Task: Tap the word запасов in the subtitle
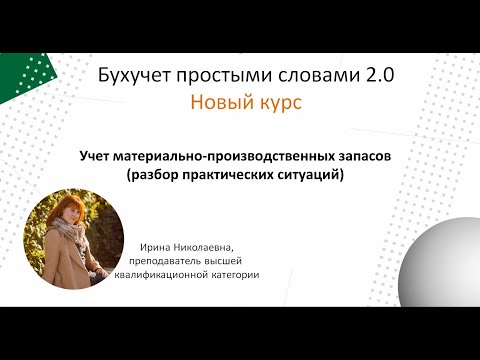[362, 158]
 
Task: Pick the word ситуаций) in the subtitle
[309, 176]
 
